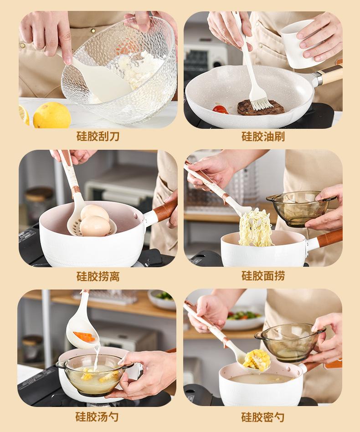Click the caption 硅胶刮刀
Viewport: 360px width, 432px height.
(x=98, y=137)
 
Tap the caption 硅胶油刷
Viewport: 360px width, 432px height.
(x=263, y=137)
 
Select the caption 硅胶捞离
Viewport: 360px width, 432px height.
(x=98, y=276)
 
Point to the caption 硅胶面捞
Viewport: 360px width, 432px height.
(x=263, y=276)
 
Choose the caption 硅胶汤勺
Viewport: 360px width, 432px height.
(x=97, y=417)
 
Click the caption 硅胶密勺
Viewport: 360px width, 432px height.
(x=262, y=417)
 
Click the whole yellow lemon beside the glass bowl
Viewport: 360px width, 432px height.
(x=52, y=115)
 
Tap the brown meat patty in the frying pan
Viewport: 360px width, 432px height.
(x=261, y=107)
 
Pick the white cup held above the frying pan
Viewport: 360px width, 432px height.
(x=298, y=44)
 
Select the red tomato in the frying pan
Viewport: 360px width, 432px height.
(x=220, y=109)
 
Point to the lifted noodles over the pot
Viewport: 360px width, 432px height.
(x=255, y=228)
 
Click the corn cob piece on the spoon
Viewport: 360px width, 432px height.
(x=256, y=360)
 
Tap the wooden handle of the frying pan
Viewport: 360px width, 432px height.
(x=330, y=75)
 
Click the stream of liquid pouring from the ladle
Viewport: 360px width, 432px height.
(x=97, y=358)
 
